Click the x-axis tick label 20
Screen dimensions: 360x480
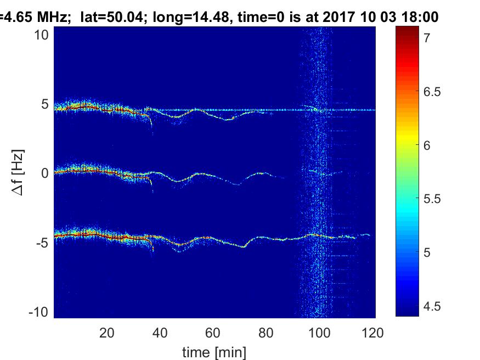coord(107,332)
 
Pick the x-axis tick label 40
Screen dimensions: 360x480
coord(160,332)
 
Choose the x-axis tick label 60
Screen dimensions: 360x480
coord(213,332)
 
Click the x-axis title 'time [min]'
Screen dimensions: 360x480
coord(214,350)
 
